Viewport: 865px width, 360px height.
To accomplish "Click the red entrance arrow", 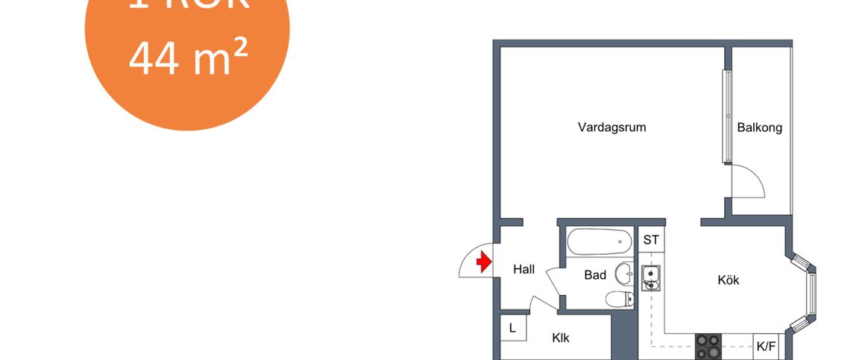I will (x=483, y=262).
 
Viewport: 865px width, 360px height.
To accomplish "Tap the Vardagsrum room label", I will (x=611, y=127).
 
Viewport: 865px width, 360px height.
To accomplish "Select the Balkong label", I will (x=759, y=127).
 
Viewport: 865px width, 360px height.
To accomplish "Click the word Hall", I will (x=524, y=270).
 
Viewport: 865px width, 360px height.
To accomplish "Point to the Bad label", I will (x=595, y=275).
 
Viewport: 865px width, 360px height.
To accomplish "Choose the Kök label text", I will (x=728, y=280).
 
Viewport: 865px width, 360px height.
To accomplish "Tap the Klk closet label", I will (x=561, y=338).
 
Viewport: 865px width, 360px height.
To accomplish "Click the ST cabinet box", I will (x=651, y=240).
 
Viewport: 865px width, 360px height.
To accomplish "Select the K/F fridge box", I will (x=765, y=346).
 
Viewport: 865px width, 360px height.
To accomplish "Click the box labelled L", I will (x=512, y=327).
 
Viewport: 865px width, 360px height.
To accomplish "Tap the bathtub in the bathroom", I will (x=599, y=241).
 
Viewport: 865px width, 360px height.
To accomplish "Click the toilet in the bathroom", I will (x=619, y=300).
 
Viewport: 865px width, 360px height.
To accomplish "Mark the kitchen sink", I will (x=650, y=277).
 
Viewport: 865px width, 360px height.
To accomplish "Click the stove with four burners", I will (x=708, y=346).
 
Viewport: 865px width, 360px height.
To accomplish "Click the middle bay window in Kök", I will (x=811, y=293).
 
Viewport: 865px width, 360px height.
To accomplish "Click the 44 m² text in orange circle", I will (x=188, y=59).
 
